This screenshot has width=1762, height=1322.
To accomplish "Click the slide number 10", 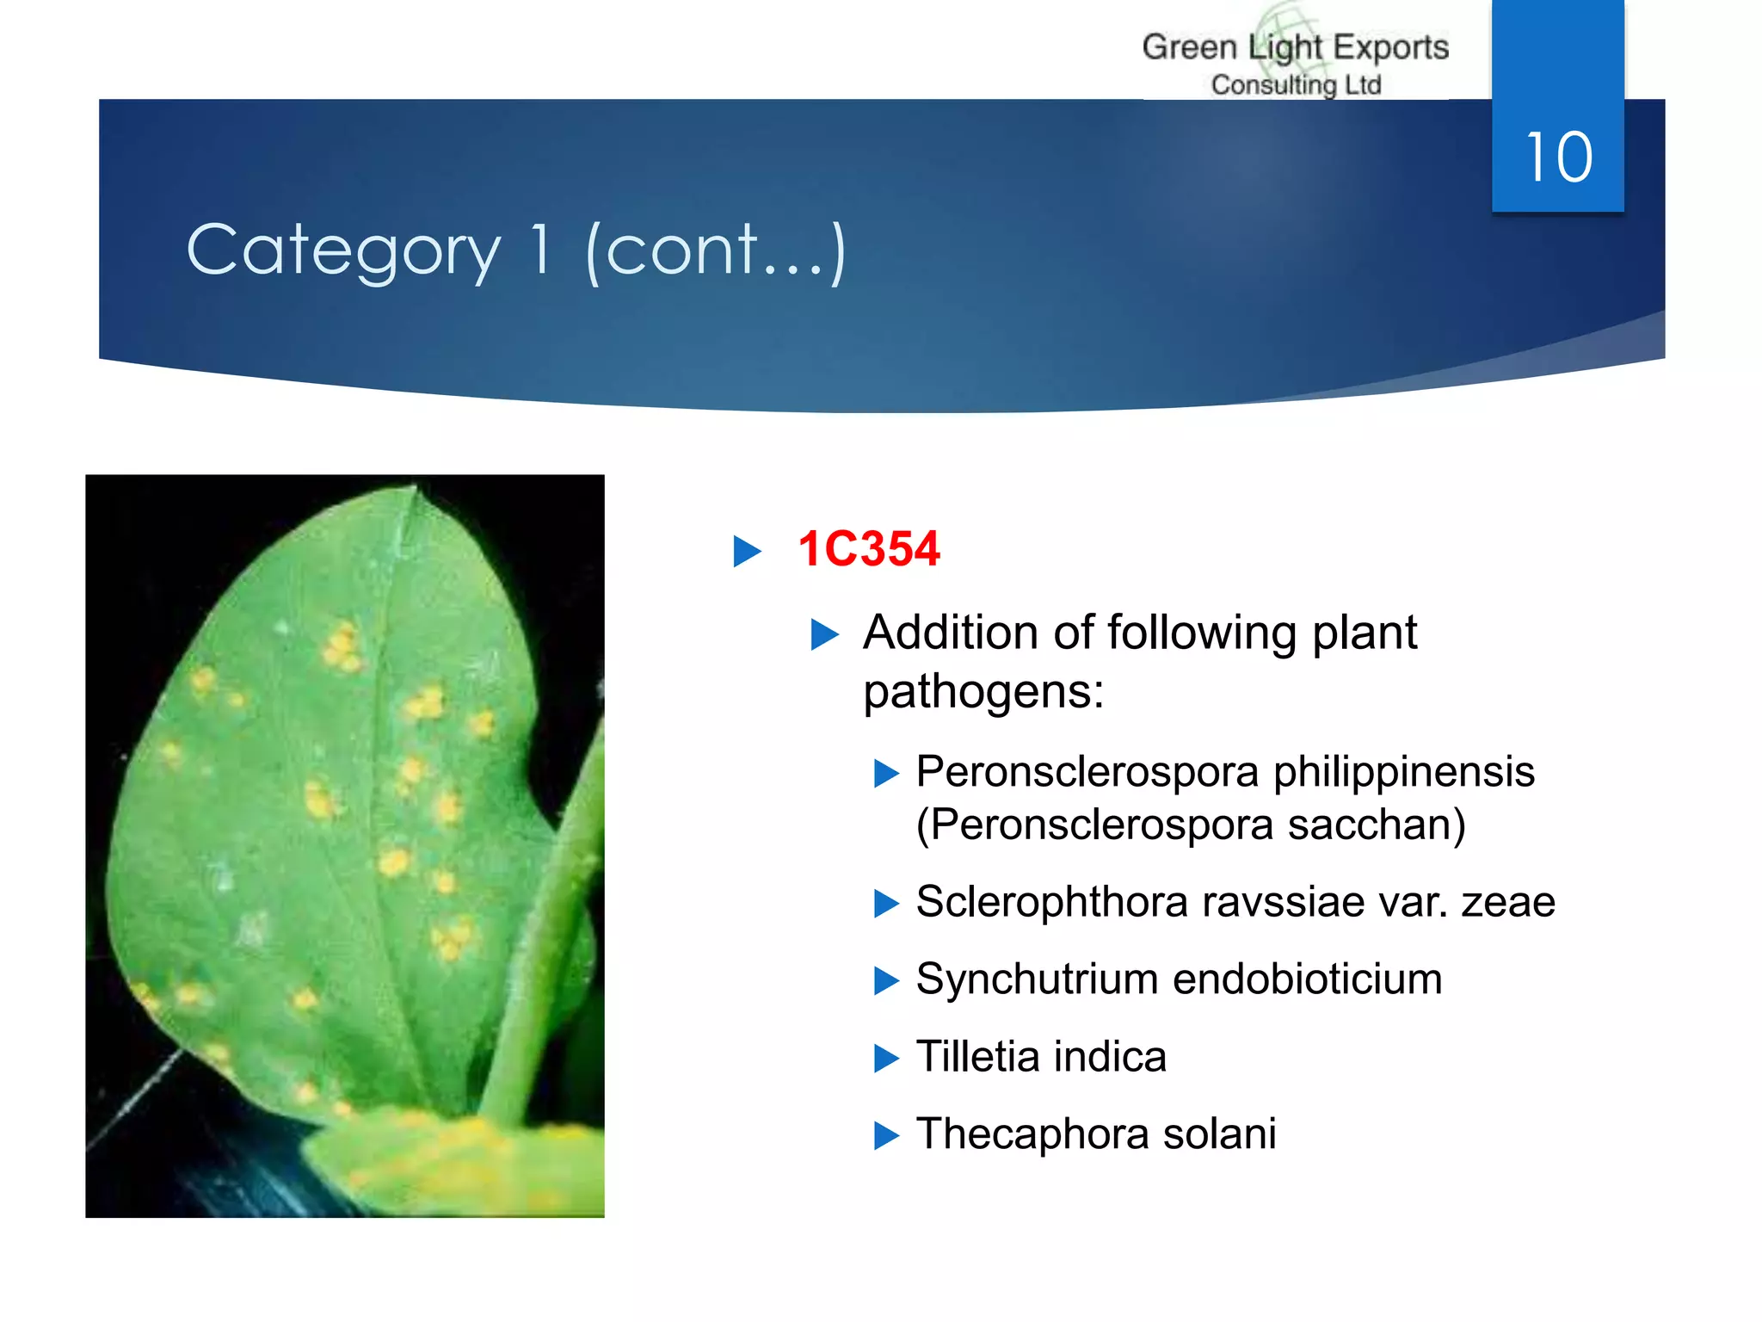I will point(1558,158).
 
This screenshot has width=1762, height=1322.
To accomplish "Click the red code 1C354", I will point(868,549).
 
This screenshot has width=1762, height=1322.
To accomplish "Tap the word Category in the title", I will point(343,250).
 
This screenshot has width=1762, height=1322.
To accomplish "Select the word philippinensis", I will point(1403,771).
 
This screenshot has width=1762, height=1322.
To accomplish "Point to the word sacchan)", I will point(1376,825).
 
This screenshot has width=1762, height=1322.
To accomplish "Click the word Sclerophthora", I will point(1051,902).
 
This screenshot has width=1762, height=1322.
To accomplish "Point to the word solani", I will point(1219,1134).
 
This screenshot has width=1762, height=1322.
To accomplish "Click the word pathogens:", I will point(983,691).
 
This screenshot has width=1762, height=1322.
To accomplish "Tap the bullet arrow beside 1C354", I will point(747,551).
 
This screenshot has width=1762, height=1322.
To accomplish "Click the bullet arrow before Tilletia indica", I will point(886,1058).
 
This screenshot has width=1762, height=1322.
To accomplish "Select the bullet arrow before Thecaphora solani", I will point(886,1135).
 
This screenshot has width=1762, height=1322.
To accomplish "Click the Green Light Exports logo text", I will point(1295,47).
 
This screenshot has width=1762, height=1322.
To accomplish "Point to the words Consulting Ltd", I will point(1296,85).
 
